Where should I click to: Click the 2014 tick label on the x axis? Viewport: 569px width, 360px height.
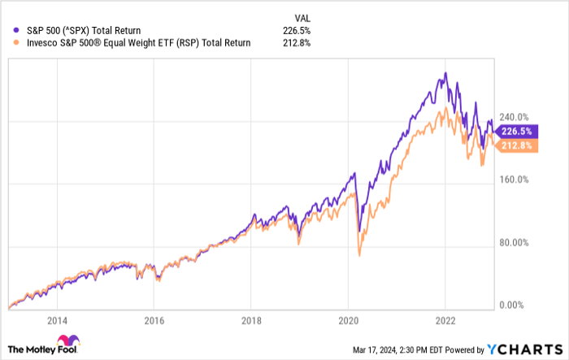click(x=58, y=320)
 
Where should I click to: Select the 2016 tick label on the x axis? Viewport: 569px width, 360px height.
click(x=154, y=320)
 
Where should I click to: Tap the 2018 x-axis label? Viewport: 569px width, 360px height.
click(x=251, y=320)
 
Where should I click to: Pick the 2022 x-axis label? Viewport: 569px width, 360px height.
click(x=445, y=320)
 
